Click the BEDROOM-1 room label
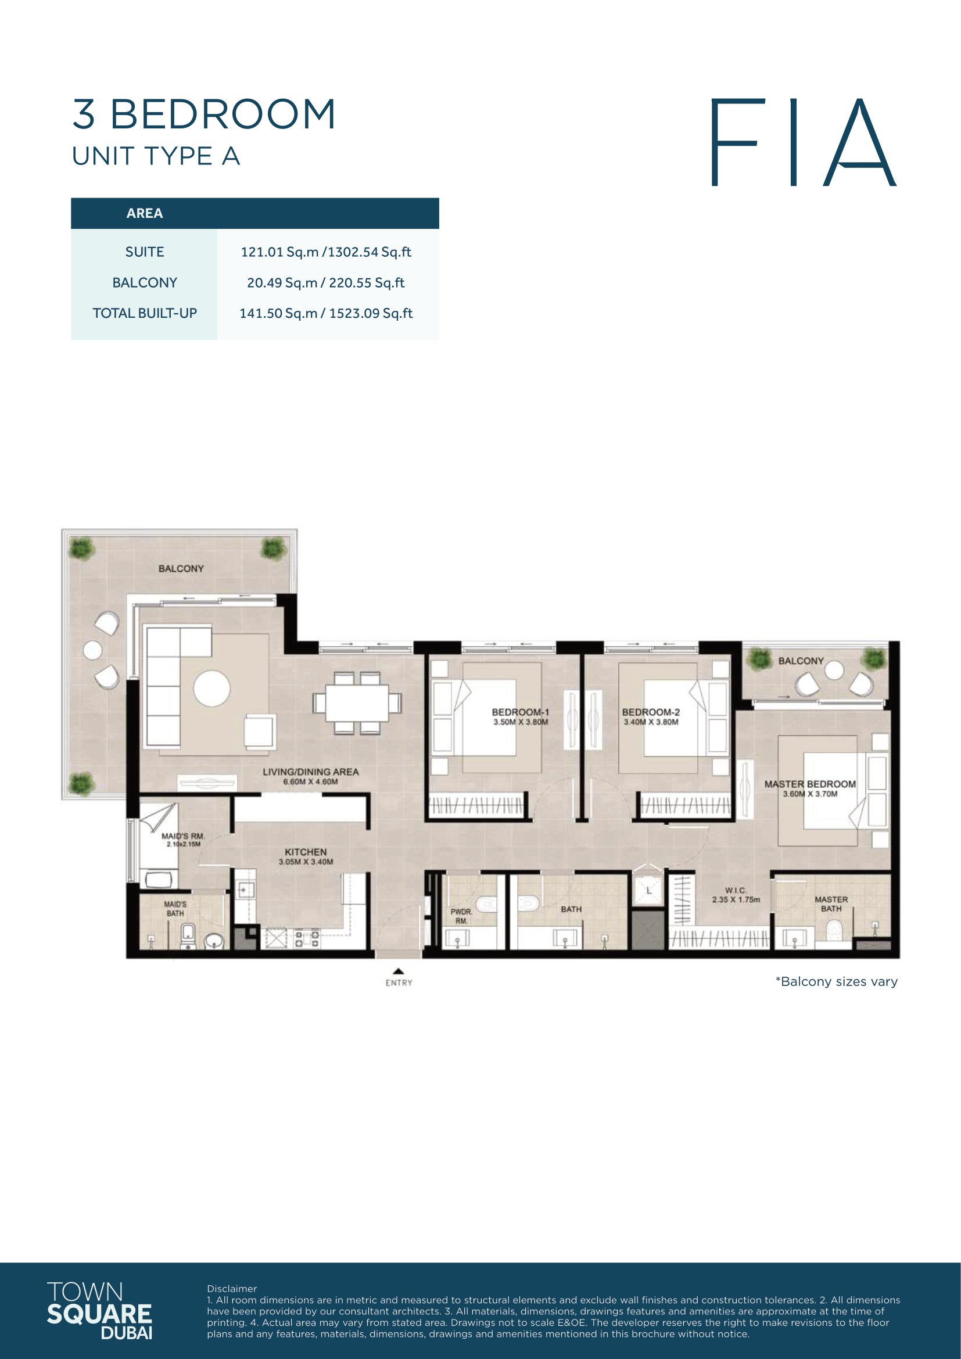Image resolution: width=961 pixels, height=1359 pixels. (x=520, y=712)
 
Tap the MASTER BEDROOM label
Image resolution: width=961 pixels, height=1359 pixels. (x=809, y=784)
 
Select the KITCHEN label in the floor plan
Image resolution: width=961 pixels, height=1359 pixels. (x=306, y=852)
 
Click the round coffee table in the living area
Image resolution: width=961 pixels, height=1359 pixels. (x=212, y=687)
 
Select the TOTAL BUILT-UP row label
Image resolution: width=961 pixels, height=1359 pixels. (x=145, y=313)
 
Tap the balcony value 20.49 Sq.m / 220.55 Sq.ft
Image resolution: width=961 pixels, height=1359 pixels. (x=325, y=282)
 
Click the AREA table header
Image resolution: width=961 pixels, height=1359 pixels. (x=145, y=213)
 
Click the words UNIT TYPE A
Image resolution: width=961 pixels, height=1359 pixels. (x=156, y=156)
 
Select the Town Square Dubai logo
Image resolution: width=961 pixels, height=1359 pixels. (x=99, y=1310)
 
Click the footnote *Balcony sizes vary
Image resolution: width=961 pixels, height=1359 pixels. (x=836, y=981)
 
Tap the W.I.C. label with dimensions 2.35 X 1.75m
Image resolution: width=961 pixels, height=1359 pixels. (x=736, y=895)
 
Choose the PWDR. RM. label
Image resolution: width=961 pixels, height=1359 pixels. (x=461, y=916)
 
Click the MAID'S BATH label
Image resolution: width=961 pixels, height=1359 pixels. (x=175, y=909)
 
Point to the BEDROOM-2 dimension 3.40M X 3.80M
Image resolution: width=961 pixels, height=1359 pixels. (x=651, y=722)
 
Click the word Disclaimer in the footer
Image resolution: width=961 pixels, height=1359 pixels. (x=232, y=1289)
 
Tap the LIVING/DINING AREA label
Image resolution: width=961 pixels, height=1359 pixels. (x=311, y=772)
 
